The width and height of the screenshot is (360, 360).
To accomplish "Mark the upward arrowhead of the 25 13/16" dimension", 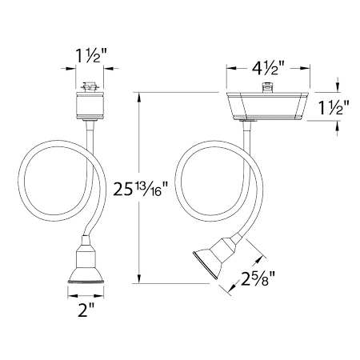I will point(142,95).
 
